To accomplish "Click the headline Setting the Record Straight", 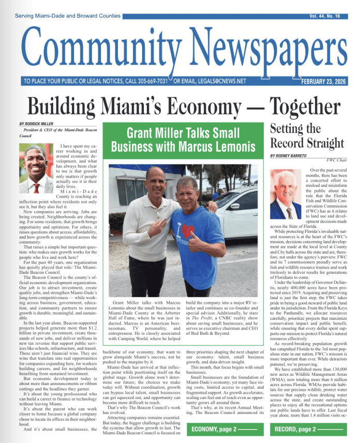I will coord(307,136).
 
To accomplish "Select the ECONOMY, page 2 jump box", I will coord(223,430).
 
